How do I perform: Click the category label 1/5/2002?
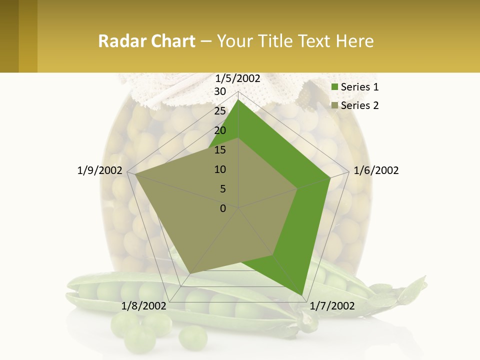pos(238,78)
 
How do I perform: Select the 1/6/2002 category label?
pos(376,170)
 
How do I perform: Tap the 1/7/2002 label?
pos(332,306)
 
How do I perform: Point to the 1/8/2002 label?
pos(144,306)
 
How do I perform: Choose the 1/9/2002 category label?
pos(100,170)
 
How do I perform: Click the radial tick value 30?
pos(220,91)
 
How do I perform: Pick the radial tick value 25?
pos(220,111)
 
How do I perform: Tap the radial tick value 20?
pos(220,130)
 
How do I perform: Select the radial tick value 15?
pos(220,150)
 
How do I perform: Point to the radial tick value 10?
pos(220,169)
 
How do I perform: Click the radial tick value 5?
pos(222,189)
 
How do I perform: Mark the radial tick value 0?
pos(223,208)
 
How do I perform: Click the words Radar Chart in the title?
pos(146,41)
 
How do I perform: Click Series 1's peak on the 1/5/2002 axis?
pos(238,99)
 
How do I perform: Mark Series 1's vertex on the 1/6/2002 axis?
pos(330,177)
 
